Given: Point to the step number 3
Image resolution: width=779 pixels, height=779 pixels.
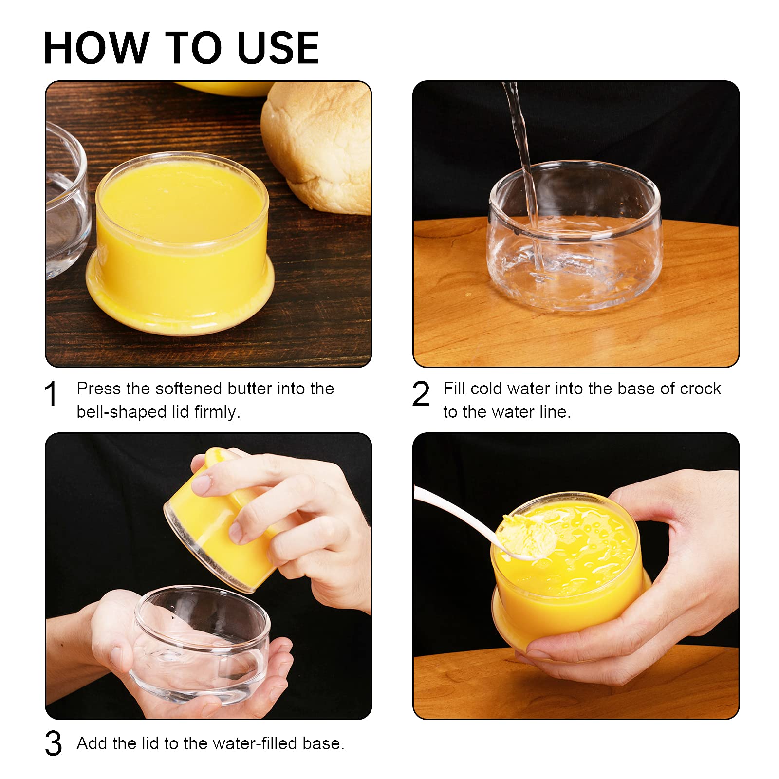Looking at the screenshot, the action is coord(53,743).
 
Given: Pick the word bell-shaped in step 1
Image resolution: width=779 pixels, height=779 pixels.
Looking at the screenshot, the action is coord(122,412).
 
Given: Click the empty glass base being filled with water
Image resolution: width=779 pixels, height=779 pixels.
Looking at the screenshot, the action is coord(575,236).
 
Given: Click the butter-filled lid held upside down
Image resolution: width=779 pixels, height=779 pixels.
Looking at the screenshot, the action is coord(219,526).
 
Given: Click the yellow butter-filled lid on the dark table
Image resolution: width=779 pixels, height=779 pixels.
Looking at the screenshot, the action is coord(180,243).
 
